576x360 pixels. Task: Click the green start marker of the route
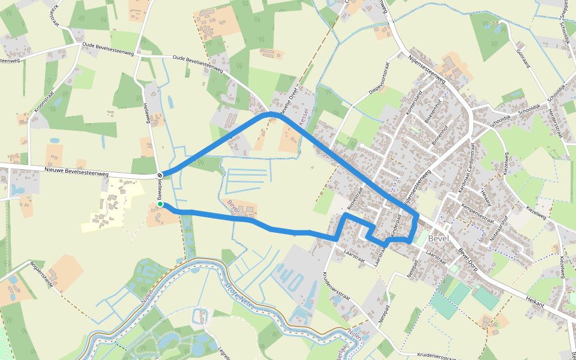coord(160,205)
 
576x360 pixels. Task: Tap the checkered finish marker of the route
coord(160,175)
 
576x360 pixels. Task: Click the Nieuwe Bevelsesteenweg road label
coord(76,173)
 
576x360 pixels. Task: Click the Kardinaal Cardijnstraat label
coord(467,167)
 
